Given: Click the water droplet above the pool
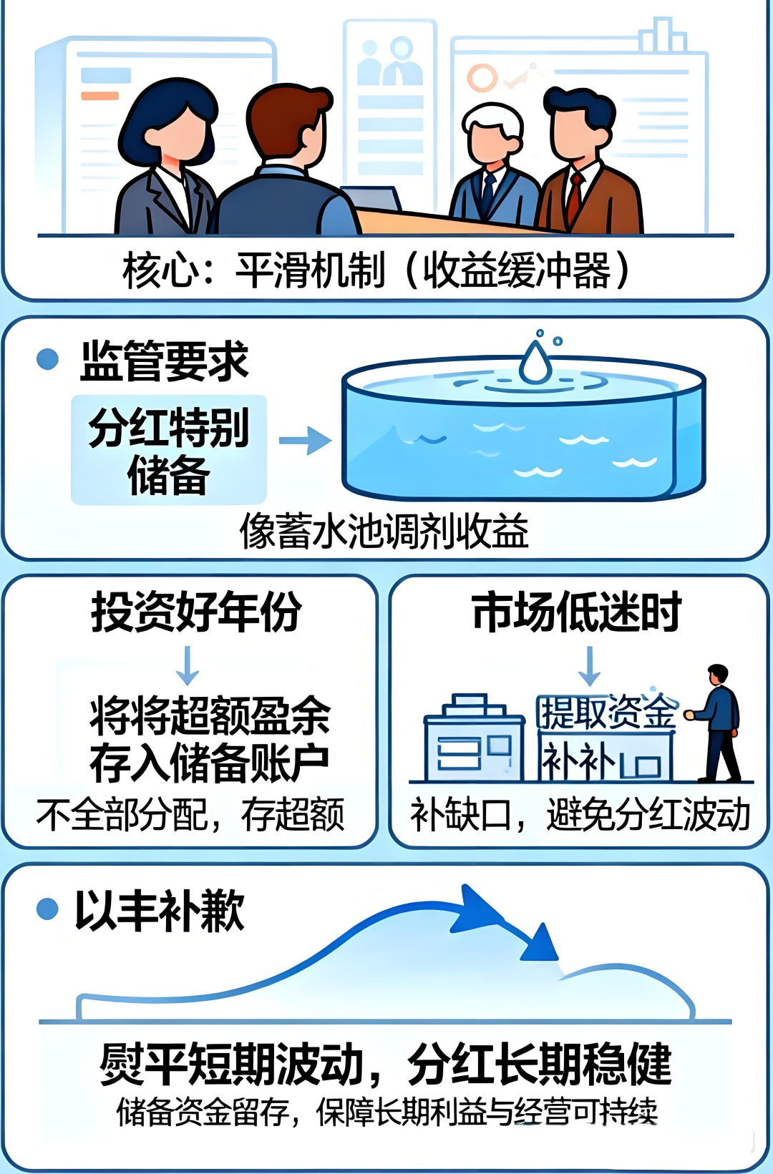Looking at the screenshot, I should (535, 362).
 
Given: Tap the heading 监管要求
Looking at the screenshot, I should (164, 361).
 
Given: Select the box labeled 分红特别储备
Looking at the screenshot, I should (169, 450).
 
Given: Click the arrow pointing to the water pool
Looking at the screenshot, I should (304, 441).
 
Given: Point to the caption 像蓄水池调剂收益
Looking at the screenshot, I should (384, 532).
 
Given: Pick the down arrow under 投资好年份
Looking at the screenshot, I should (188, 665).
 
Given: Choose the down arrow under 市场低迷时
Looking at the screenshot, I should (589, 665).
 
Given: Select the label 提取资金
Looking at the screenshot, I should (607, 711).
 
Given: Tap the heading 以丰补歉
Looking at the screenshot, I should (160, 911).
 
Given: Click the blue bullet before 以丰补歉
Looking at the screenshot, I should (47, 909).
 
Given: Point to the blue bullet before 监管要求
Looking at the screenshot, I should (47, 359).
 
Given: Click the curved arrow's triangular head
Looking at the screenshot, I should (540, 944).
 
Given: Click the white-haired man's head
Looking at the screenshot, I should (492, 132).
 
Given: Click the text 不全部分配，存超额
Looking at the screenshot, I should (190, 815).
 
